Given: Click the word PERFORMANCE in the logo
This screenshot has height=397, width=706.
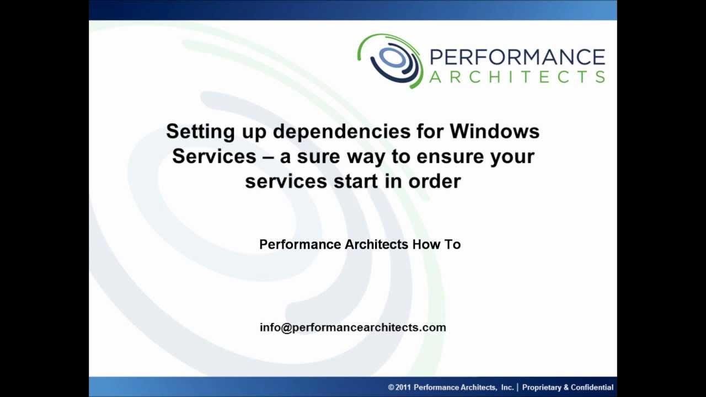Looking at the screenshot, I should [x=517, y=57].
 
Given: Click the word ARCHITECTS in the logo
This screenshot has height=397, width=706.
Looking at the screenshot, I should [x=517, y=77].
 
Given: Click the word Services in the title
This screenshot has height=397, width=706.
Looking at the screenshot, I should [x=214, y=156].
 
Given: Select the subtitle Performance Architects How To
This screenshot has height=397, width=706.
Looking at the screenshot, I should [x=360, y=244].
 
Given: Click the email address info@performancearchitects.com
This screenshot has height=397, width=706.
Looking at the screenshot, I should [x=353, y=328].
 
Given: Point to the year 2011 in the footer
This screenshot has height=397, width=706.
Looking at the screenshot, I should [x=403, y=388].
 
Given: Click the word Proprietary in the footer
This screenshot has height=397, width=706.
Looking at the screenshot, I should [x=541, y=388].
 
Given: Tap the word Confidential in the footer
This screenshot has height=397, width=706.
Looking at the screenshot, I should [x=592, y=388].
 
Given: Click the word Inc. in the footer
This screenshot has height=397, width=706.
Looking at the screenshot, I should [x=507, y=388].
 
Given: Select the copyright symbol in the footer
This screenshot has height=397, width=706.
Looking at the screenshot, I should [x=391, y=388].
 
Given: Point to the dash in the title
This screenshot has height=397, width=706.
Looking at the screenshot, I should [x=268, y=157].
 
